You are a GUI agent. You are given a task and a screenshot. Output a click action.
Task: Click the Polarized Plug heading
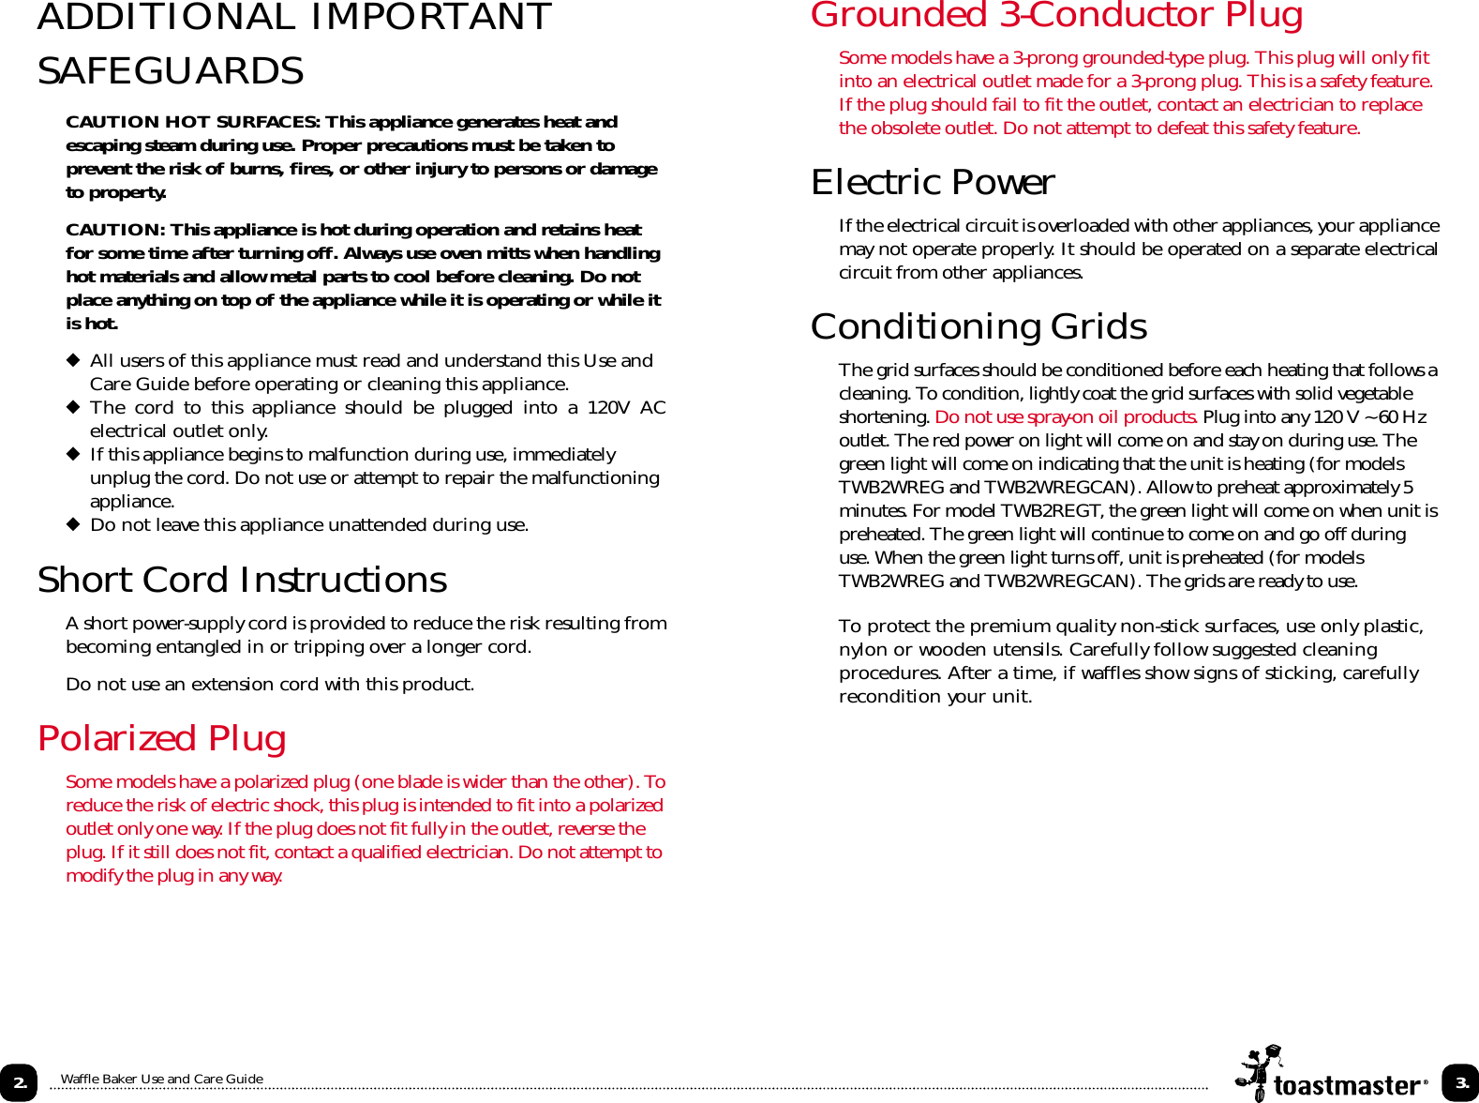(x=161, y=739)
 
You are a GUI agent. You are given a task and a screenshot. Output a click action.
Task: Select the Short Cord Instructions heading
(x=242, y=581)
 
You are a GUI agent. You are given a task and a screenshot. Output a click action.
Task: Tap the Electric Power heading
(x=932, y=183)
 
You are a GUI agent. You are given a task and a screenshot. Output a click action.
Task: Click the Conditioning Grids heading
(x=978, y=327)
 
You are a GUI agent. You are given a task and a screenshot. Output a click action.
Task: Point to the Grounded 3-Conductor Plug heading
(x=1056, y=16)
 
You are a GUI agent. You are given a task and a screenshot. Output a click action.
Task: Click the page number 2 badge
(x=19, y=1082)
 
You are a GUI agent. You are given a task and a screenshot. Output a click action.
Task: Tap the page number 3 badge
(x=1460, y=1082)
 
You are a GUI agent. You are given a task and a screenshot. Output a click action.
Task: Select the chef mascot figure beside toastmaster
(x=1257, y=1072)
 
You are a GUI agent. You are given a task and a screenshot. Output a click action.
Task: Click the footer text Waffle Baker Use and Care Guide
(x=161, y=1079)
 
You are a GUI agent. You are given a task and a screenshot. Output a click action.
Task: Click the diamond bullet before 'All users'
(x=72, y=360)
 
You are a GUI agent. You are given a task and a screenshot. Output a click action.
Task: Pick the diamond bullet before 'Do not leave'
(x=72, y=524)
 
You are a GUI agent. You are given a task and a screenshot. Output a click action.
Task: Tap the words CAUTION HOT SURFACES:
(x=192, y=122)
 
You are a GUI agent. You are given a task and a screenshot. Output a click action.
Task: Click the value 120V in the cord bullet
(x=608, y=407)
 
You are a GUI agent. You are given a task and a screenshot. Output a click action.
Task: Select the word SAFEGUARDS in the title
(x=171, y=71)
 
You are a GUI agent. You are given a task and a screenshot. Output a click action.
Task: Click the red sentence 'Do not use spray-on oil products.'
(x=1066, y=416)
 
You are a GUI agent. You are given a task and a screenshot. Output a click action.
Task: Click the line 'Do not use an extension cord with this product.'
(x=270, y=684)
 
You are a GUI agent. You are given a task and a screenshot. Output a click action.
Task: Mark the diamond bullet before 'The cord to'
(x=72, y=407)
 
